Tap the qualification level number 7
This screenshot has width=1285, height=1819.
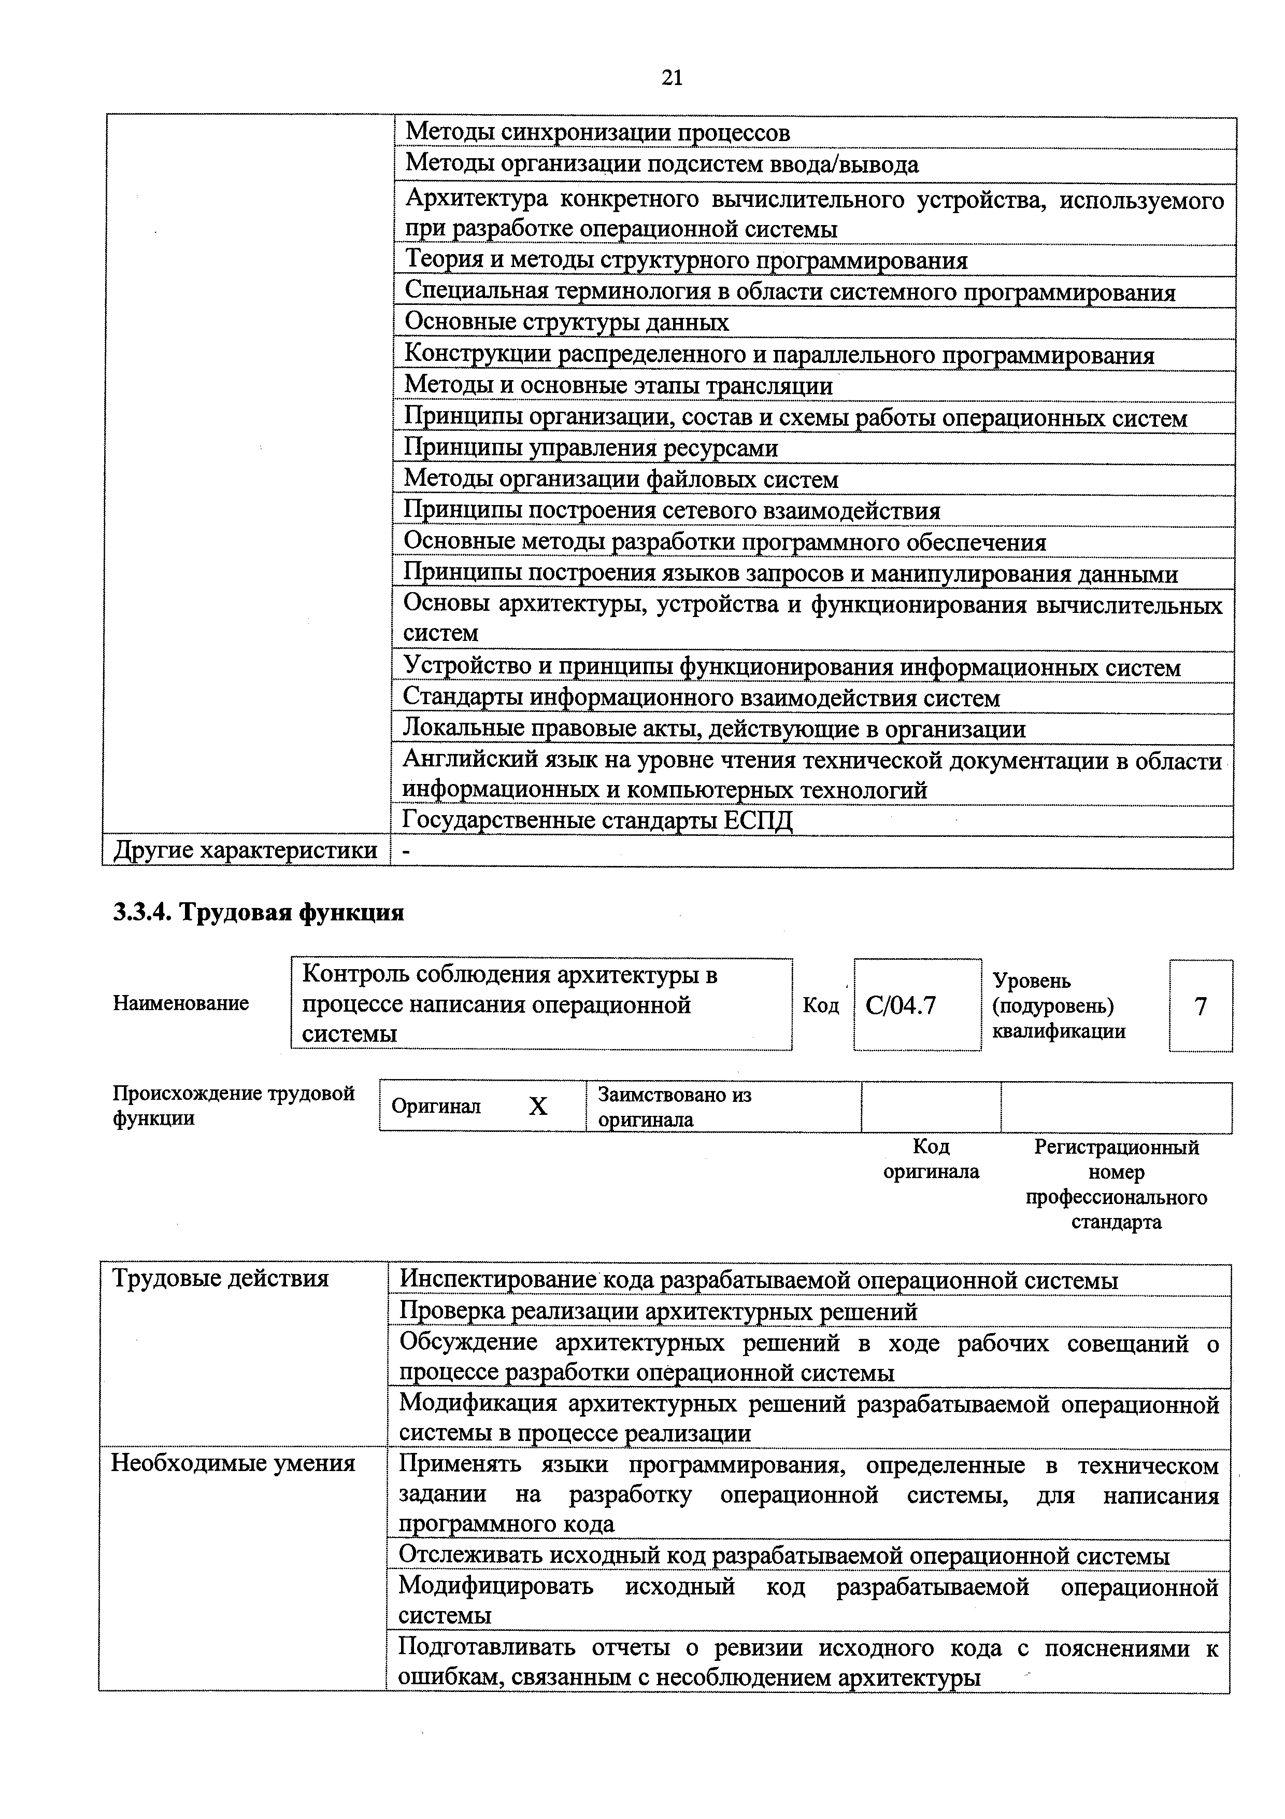pyautogui.click(x=1201, y=1006)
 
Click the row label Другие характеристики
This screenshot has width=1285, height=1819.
pyautogui.click(x=246, y=851)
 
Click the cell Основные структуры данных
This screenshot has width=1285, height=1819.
pyautogui.click(x=566, y=323)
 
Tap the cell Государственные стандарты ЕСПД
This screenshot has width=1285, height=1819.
pyautogui.click(x=598, y=820)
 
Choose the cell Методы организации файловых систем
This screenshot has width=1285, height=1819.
pyautogui.click(x=621, y=479)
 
